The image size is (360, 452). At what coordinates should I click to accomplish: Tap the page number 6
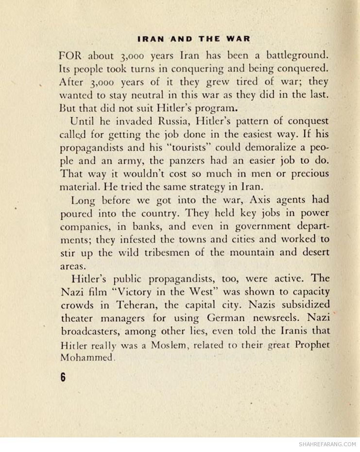(63, 378)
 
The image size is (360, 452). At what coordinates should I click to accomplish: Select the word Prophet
(310, 345)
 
